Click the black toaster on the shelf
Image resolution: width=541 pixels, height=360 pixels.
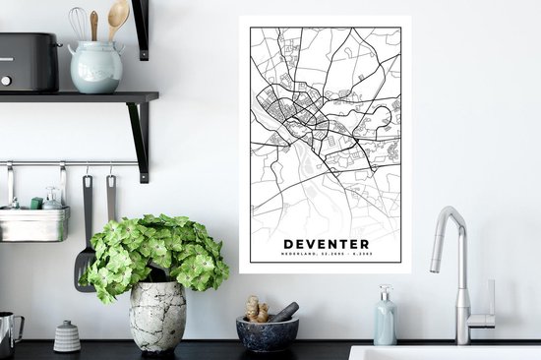point(29,63)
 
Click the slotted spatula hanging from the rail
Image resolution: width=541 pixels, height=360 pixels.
point(86,256)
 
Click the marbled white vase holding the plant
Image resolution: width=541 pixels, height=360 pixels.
point(157,316)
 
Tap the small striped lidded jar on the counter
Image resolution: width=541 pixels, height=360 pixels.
point(67,336)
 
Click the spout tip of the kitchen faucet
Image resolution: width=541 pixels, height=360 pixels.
point(435,268)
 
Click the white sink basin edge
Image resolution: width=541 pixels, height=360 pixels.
point(443,351)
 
